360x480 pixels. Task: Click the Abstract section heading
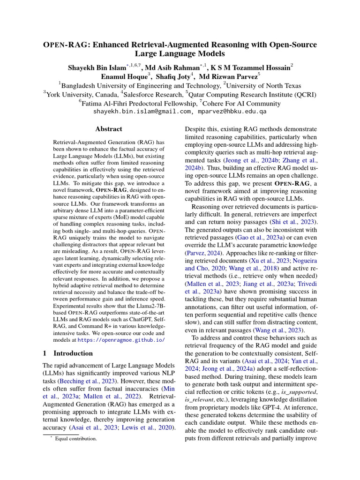pos(108,128)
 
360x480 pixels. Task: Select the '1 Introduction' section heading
pos(67,353)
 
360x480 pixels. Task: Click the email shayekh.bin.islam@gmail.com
pos(142,112)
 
